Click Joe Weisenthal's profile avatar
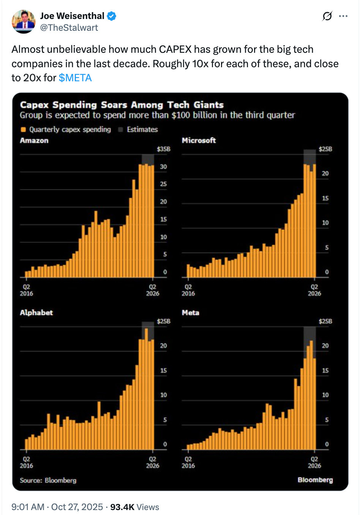[x=24, y=22]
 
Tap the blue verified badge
[x=111, y=16]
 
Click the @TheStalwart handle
[x=69, y=28]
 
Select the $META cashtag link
[x=75, y=78]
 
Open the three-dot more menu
[x=343, y=16]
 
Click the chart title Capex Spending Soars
[x=122, y=105]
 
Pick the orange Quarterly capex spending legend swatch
[x=24, y=130]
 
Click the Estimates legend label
[x=142, y=130]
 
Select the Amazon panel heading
[x=34, y=141]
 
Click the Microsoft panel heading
[x=199, y=141]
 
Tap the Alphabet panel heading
[x=36, y=313]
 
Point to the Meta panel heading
[x=190, y=313]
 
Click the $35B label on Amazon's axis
[x=164, y=149]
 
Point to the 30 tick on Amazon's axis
[x=163, y=167]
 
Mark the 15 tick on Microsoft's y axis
[x=325, y=198]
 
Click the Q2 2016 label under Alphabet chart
[x=26, y=462]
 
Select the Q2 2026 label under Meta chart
[x=314, y=462]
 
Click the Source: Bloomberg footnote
[x=48, y=480]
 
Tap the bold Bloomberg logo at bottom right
[x=315, y=480]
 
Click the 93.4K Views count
[x=134, y=507]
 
